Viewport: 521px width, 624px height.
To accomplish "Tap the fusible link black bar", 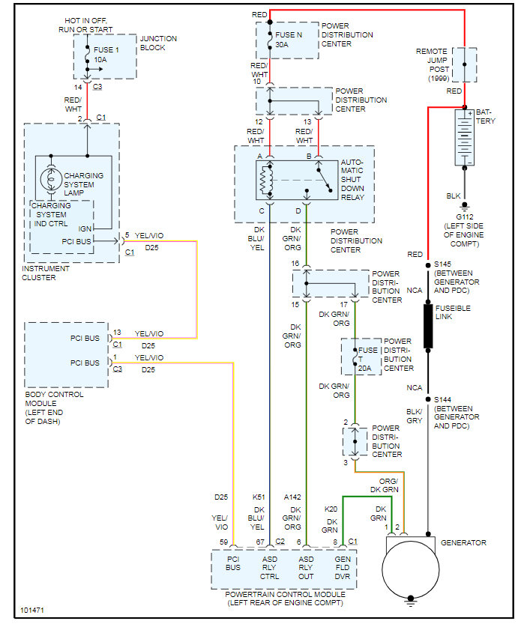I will tap(428, 326).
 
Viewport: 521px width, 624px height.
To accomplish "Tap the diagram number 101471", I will tap(34, 611).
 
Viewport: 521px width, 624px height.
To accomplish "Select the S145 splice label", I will tap(445, 264).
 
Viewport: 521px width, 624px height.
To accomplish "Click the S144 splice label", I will tap(445, 399).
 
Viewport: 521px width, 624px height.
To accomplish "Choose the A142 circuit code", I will tap(292, 497).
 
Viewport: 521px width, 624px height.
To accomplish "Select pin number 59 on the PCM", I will tap(223, 542).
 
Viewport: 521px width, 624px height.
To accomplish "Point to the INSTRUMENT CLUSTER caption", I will tap(46, 273).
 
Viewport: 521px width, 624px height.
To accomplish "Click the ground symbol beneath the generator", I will tap(410, 599).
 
